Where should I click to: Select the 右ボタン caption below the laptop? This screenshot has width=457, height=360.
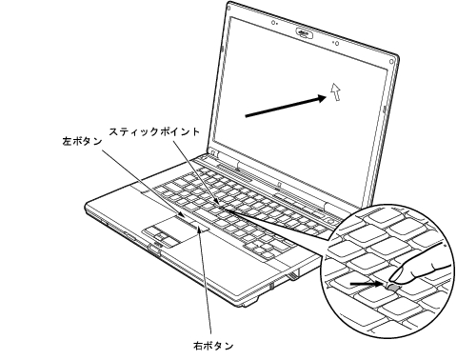[x=208, y=346]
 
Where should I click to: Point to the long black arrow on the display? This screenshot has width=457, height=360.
[x=282, y=107]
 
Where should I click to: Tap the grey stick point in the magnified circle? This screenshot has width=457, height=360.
[x=392, y=284]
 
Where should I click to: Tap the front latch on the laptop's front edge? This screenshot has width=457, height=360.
[x=152, y=250]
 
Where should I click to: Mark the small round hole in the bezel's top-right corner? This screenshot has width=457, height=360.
[x=380, y=58]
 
